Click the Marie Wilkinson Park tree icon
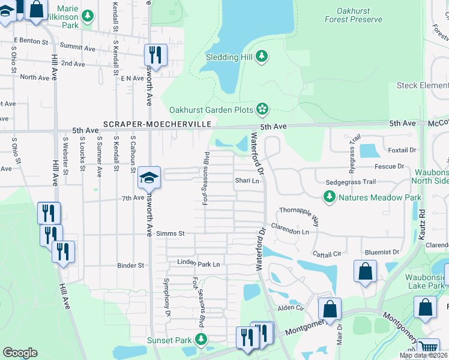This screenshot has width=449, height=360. pyautogui.click(x=88, y=15)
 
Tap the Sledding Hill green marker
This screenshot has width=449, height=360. pyautogui.click(x=261, y=56)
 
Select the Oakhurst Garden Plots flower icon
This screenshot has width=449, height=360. pyautogui.click(x=262, y=109)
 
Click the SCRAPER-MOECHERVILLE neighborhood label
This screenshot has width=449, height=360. pyautogui.click(x=157, y=124)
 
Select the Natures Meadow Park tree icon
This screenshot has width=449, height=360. pyautogui.click(x=329, y=196)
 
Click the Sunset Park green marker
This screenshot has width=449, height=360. pyautogui.click(x=201, y=340)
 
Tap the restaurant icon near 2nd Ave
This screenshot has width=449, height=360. pyautogui.click(x=155, y=55)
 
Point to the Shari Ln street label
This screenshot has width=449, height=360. pyautogui.click(x=247, y=181)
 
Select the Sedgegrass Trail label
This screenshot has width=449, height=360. pyautogui.click(x=351, y=182)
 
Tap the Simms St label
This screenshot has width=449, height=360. pyautogui.click(x=169, y=233)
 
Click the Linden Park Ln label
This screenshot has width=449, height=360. pyautogui.click(x=199, y=263)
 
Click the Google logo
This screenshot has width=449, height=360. pyautogui.click(x=20, y=353)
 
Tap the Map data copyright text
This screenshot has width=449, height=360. pyautogui.click(x=423, y=355)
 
